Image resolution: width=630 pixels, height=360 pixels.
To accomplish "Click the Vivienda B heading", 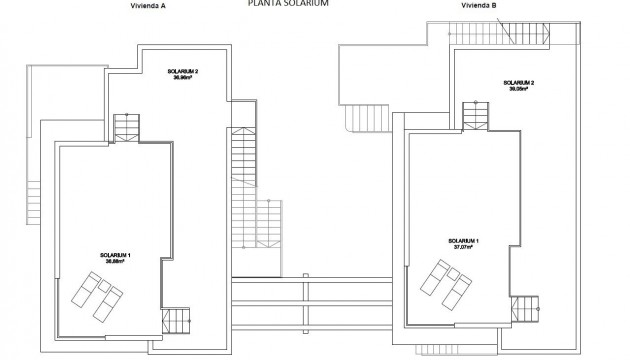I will (x=477, y=5).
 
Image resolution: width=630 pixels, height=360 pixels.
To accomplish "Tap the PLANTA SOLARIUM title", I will (x=288, y=3).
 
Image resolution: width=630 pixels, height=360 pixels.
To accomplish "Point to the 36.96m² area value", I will (x=183, y=77).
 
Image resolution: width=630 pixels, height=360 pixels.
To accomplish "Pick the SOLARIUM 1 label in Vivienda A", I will (x=115, y=256).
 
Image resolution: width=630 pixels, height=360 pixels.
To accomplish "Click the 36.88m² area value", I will (x=115, y=262).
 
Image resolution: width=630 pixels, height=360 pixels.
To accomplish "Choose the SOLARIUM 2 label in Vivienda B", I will (x=518, y=82).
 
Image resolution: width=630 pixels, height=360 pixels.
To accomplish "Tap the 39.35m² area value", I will (x=518, y=88).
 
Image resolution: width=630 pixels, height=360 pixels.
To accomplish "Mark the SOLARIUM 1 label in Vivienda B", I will (x=463, y=241).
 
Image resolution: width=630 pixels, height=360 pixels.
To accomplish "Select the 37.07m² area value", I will (x=463, y=247).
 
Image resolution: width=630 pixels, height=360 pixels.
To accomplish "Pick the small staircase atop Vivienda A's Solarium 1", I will (x=123, y=127).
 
